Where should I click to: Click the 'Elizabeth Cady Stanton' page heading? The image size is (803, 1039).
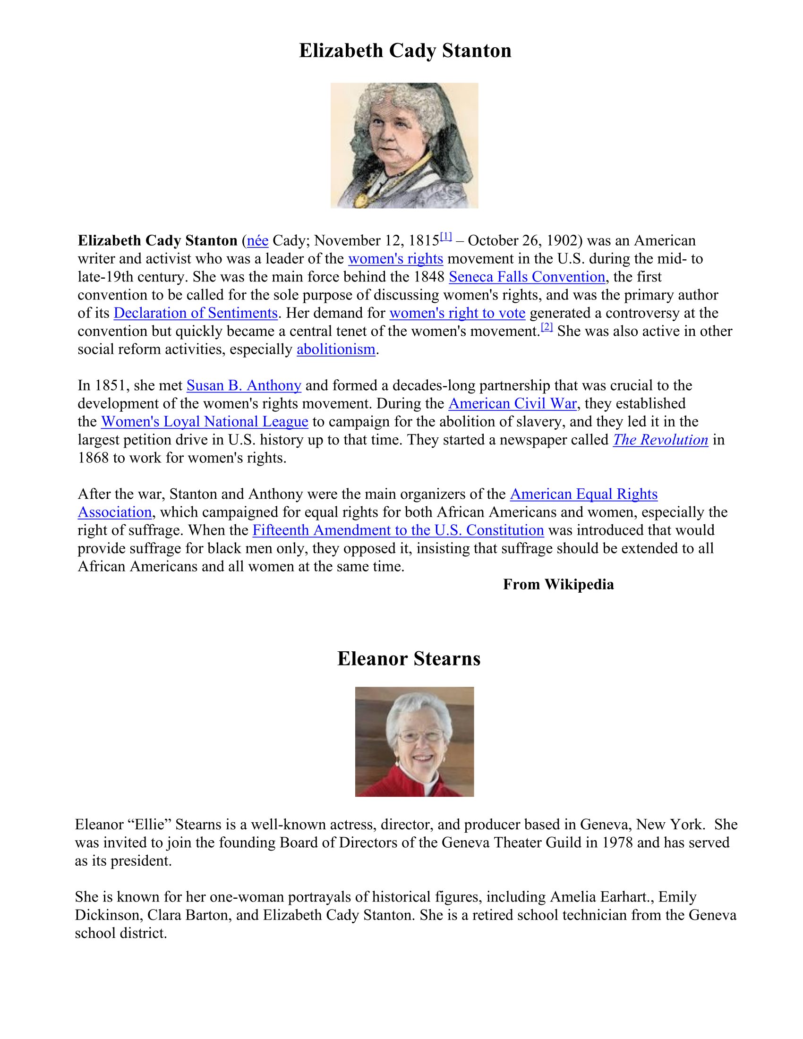[x=405, y=51]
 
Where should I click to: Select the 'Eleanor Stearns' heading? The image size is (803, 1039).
[x=409, y=659]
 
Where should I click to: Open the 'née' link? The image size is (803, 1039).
[x=257, y=241]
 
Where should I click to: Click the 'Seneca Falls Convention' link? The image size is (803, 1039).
[x=527, y=277]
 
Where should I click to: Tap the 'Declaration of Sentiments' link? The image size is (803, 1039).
[x=196, y=313]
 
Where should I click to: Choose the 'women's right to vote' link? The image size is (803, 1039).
[x=457, y=313]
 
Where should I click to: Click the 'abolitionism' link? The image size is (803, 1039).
[x=336, y=349]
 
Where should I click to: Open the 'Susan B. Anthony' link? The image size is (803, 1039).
[x=244, y=385]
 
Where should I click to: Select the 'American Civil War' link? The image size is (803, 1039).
[x=513, y=403]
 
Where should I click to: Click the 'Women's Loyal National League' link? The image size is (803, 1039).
[x=205, y=421]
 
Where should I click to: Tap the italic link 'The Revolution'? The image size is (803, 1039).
[x=660, y=440]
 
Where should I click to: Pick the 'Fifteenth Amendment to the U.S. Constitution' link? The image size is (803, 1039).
[x=398, y=530]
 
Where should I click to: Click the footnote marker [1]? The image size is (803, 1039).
[x=446, y=236]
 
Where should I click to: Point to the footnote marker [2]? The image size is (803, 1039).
[x=547, y=327]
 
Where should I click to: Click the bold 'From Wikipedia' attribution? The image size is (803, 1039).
[x=558, y=584]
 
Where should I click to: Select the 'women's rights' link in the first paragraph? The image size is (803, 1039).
[x=395, y=259]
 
